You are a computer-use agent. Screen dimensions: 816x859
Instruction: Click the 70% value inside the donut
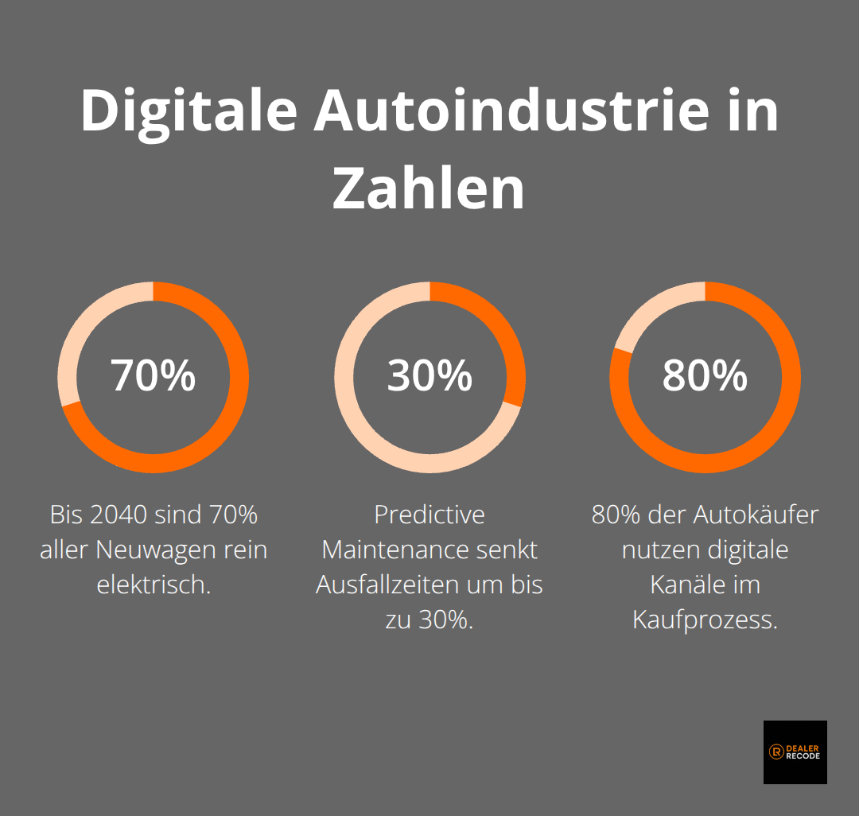(154, 375)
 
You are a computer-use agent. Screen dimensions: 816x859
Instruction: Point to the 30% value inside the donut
(429, 375)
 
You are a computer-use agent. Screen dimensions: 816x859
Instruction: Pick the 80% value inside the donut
(705, 375)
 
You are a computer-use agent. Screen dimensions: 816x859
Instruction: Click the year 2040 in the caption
(119, 515)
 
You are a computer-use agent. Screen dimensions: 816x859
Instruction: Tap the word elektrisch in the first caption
(154, 585)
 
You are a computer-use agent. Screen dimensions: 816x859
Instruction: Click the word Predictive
(429, 515)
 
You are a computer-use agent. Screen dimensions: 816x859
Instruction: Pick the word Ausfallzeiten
(387, 585)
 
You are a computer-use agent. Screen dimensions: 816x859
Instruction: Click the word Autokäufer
(755, 515)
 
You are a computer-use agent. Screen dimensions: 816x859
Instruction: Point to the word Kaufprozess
(705, 620)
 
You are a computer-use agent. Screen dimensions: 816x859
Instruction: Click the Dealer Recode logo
(795, 752)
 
